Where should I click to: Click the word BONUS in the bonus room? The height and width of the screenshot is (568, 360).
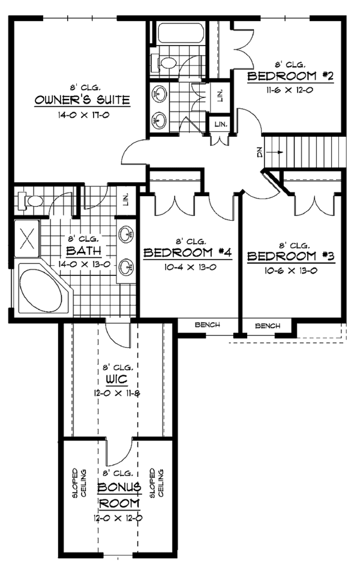[x=119, y=486]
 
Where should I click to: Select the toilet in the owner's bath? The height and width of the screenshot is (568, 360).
[x=30, y=200]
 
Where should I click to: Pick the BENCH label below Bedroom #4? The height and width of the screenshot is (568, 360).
[x=207, y=325]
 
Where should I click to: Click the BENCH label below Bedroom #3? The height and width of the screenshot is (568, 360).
[x=268, y=326]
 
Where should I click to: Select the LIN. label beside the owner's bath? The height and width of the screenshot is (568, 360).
[x=127, y=199]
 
